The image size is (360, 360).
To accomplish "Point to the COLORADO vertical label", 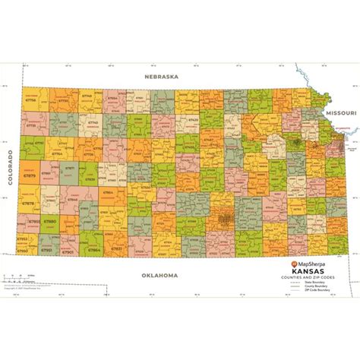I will [x=10, y=163].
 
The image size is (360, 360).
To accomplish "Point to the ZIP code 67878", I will [x=29, y=204].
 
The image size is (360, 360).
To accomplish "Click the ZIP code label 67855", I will [x=34, y=221].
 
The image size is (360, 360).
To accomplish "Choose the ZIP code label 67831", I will [x=116, y=248].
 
